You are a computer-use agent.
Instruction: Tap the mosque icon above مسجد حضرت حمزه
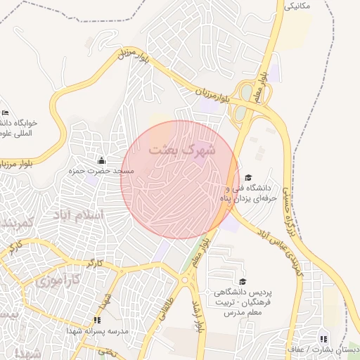(101, 161)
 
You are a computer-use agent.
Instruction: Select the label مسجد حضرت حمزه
(101, 172)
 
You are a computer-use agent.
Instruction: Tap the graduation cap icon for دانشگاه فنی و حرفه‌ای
(250, 178)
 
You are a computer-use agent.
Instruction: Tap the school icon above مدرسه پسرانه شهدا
(97, 320)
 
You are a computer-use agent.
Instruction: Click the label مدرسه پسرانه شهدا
(96, 330)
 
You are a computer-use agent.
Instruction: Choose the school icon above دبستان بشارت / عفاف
(324, 338)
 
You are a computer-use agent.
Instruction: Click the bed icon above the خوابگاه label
(6, 112)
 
